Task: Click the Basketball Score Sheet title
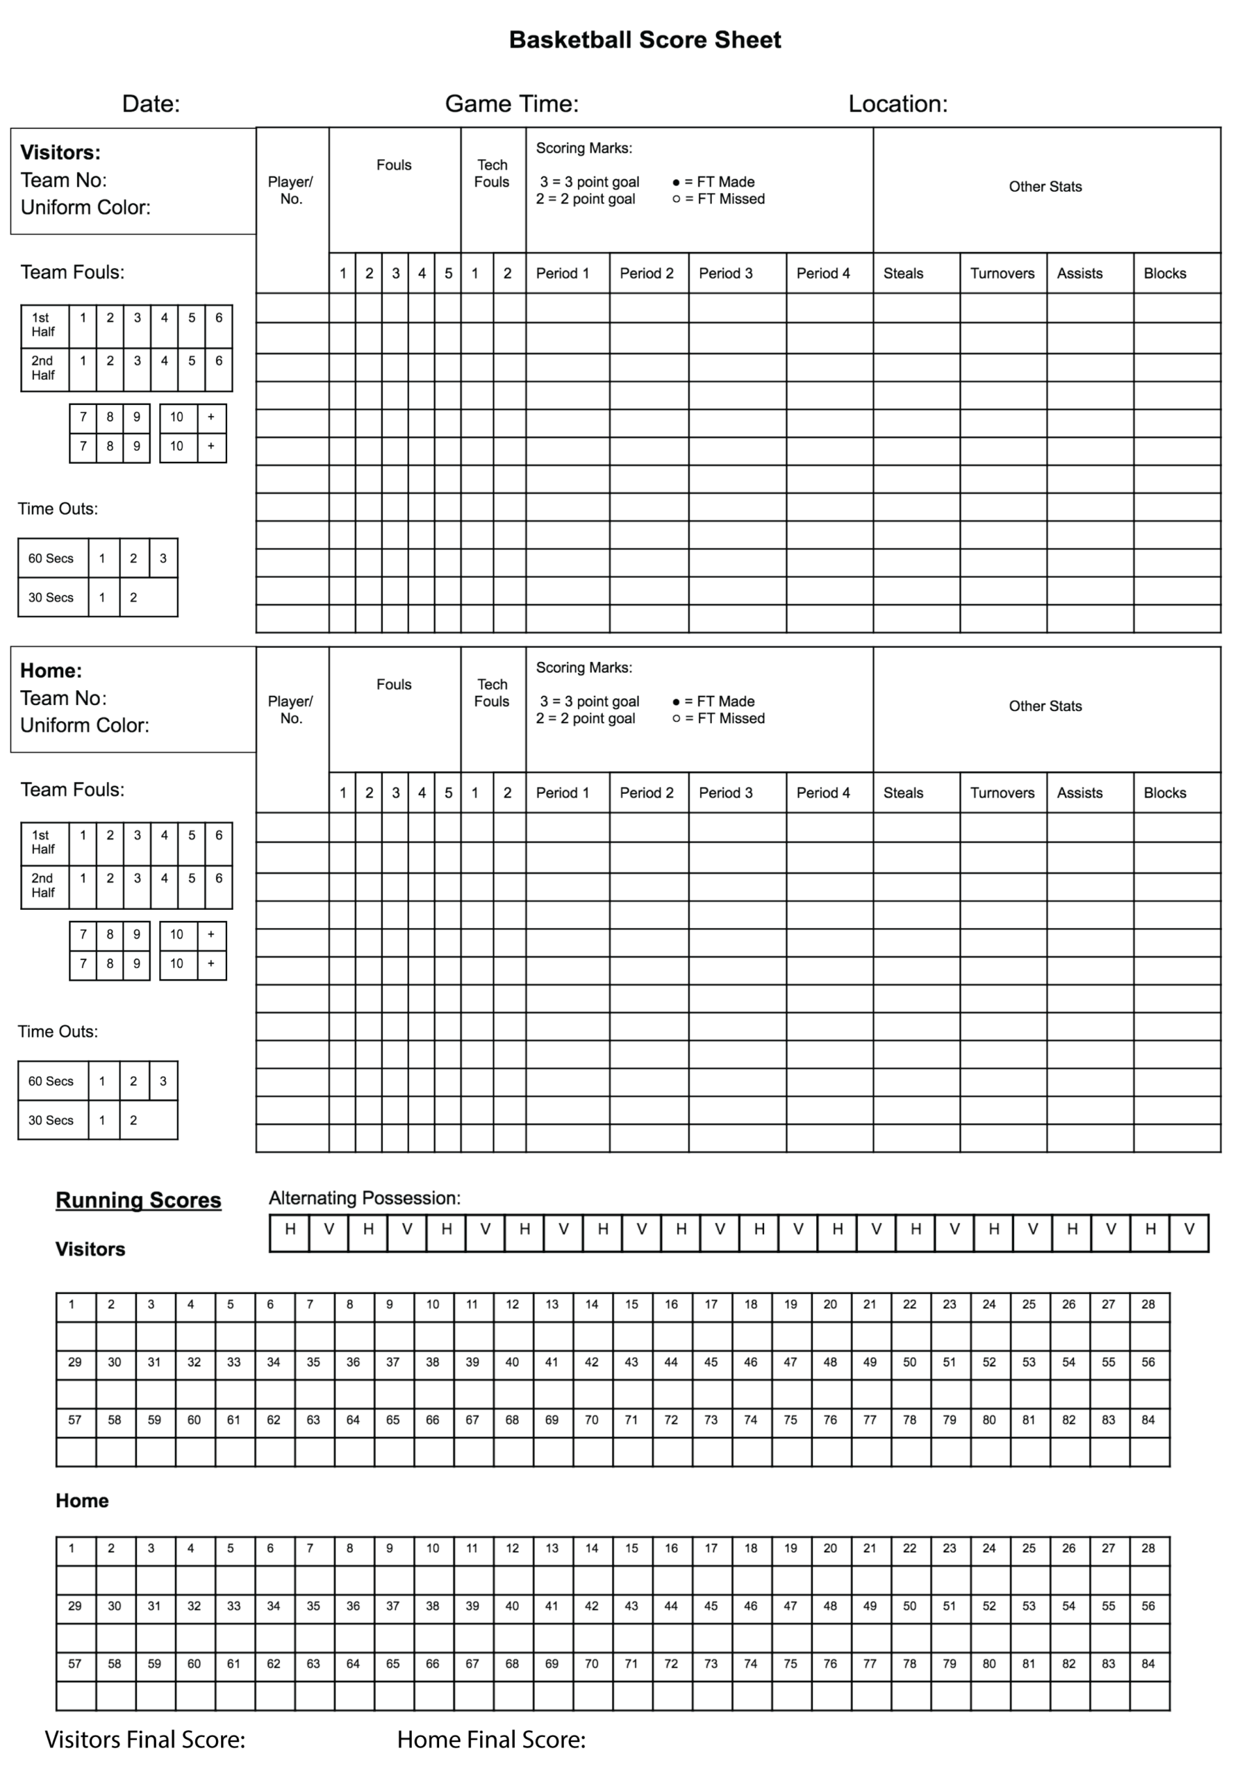tap(645, 40)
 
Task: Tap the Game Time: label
tap(511, 103)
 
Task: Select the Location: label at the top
tap(897, 103)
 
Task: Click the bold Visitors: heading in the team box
tap(60, 153)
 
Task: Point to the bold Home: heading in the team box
tap(51, 671)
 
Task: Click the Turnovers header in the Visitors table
tap(1002, 274)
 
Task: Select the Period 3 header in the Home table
tap(725, 793)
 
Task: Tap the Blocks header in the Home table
tap(1164, 793)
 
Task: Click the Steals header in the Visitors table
tap(903, 274)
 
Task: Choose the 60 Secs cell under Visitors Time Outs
tap(51, 558)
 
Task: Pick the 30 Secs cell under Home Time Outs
tap(51, 1120)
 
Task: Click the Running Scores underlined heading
tap(139, 1200)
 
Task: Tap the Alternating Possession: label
tap(364, 1199)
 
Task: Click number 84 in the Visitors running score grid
tap(1148, 1420)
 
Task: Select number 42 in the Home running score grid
tap(591, 1606)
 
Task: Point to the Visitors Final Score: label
tap(145, 1740)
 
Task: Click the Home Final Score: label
tap(491, 1740)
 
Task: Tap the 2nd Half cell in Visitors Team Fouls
tap(43, 369)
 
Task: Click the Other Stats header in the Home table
tap(1044, 706)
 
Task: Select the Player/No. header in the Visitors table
tap(290, 190)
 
